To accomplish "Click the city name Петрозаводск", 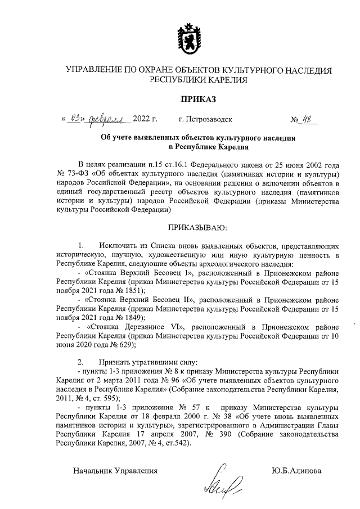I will tap(209, 120).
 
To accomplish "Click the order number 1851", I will tap(133, 291).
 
